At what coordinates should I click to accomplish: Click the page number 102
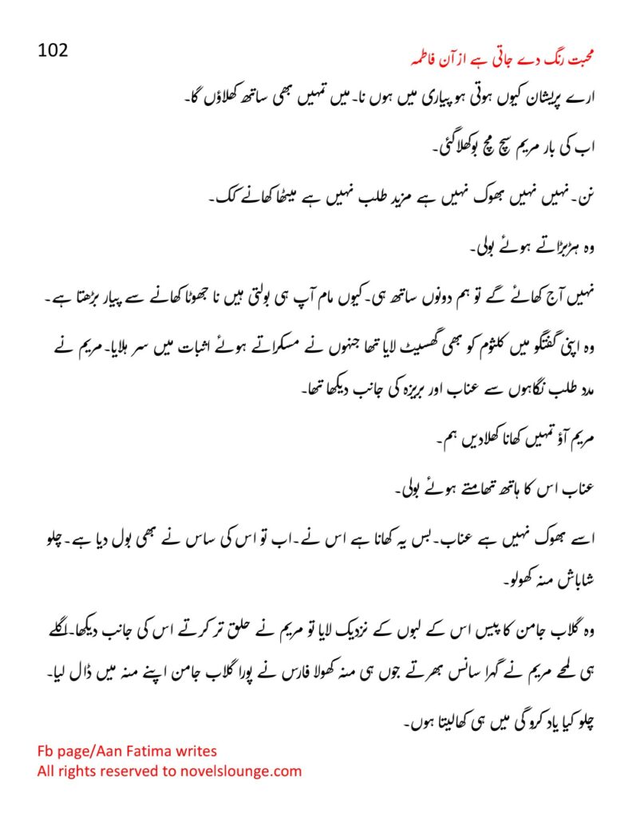click(53, 50)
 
